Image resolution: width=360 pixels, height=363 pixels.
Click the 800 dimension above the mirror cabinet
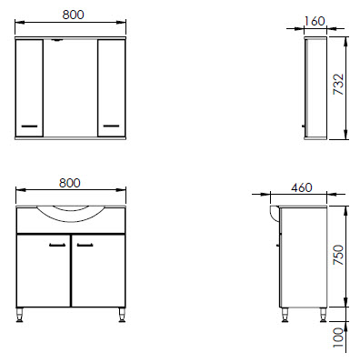pyautogui.click(x=73, y=15)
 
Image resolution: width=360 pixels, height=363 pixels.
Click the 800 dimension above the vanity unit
pyautogui.click(x=70, y=183)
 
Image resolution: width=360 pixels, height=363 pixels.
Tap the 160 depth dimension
pyautogui.click(x=315, y=21)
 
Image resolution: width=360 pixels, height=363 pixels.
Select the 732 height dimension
pyautogui.click(x=338, y=85)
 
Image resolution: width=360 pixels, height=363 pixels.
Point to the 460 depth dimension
pyautogui.click(x=302, y=187)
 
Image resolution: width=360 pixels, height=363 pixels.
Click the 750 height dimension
pyautogui.click(x=338, y=256)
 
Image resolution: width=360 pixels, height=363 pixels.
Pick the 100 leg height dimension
pyautogui.click(x=338, y=338)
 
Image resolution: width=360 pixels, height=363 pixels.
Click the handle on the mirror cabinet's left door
pyautogui.click(x=29, y=126)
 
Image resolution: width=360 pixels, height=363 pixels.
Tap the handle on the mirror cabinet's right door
pyautogui.click(x=111, y=126)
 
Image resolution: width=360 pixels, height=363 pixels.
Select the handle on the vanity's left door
pyautogui.click(x=57, y=245)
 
